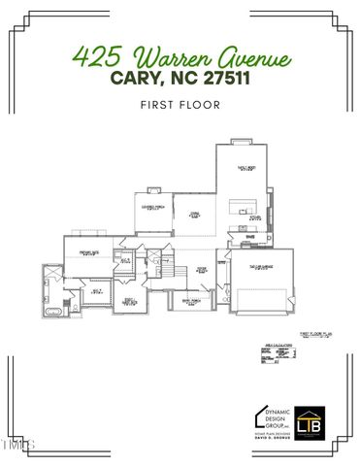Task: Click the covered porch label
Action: (152, 206)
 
